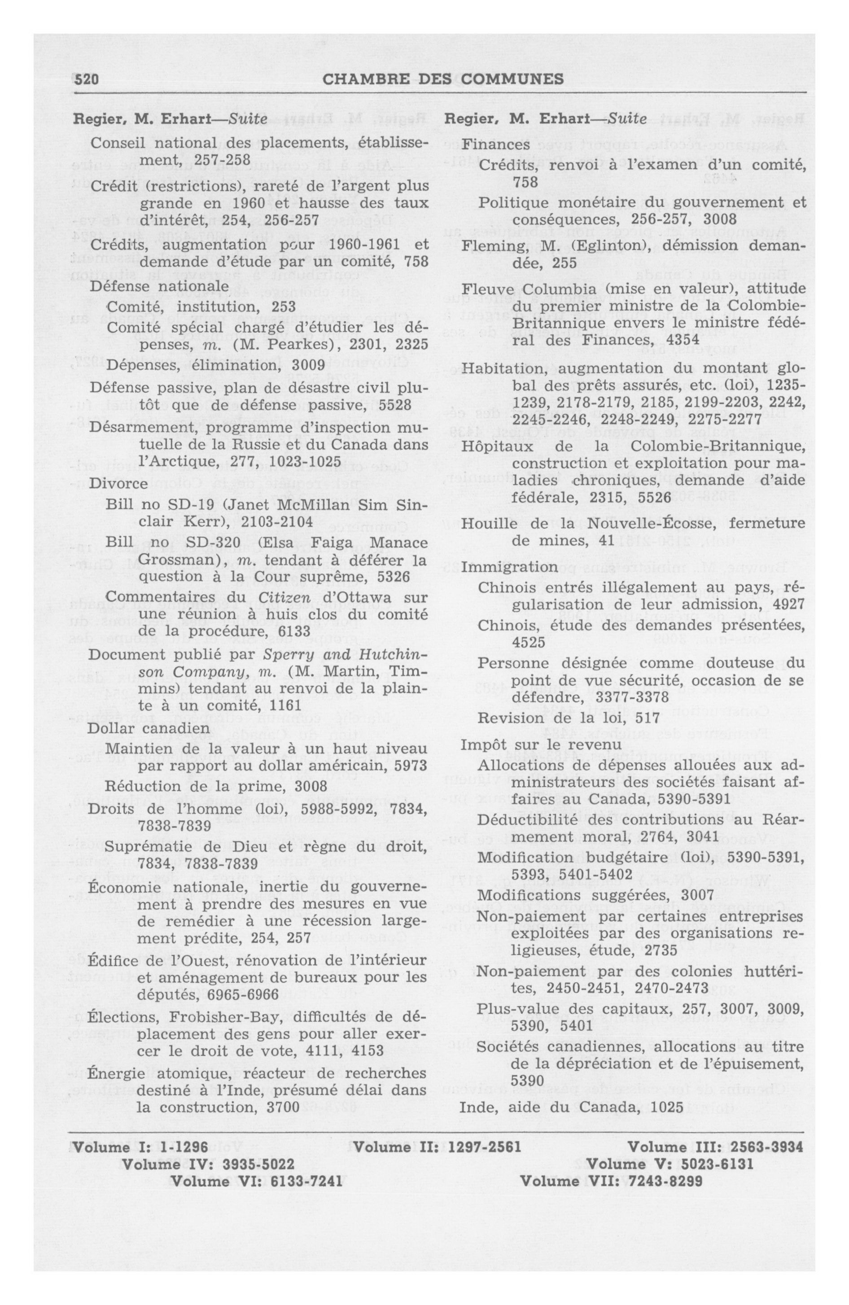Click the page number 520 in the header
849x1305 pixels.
click(86, 80)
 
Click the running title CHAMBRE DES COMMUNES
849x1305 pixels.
click(442, 80)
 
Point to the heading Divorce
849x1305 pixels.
click(118, 484)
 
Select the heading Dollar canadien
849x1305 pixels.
click(148, 728)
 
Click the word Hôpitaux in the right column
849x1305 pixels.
click(497, 447)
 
